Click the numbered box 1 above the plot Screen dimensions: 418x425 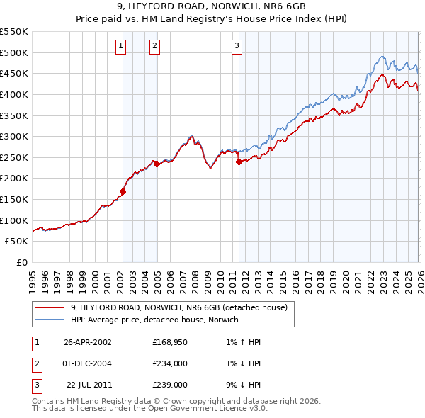122,47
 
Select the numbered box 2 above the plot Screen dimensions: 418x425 155,47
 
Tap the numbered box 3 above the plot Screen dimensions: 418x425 237,47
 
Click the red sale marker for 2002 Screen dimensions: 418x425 123,191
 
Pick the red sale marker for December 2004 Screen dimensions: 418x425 157,164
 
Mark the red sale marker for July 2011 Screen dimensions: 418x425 239,162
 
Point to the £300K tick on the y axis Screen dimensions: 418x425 14,136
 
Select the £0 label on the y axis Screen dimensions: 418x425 22,263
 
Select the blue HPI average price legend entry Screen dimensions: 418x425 154,320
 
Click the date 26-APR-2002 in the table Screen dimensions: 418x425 87,341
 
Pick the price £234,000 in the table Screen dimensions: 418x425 169,363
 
